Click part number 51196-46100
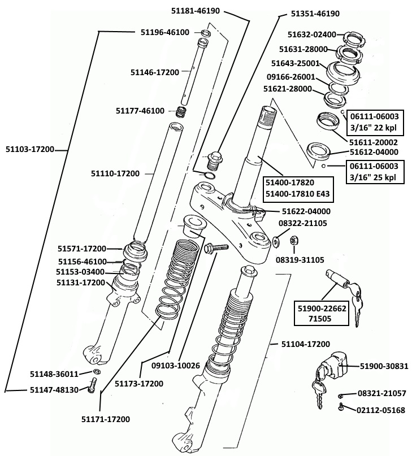[x=164, y=32]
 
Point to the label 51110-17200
[x=115, y=173]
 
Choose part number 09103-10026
[x=176, y=366]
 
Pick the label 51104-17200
[x=306, y=344]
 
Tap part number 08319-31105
[x=300, y=260]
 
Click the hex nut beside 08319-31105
[x=294, y=241]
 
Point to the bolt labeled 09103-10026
[x=214, y=247]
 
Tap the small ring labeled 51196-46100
[x=206, y=33]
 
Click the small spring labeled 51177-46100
[x=182, y=111]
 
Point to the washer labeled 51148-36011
[x=97, y=372]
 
